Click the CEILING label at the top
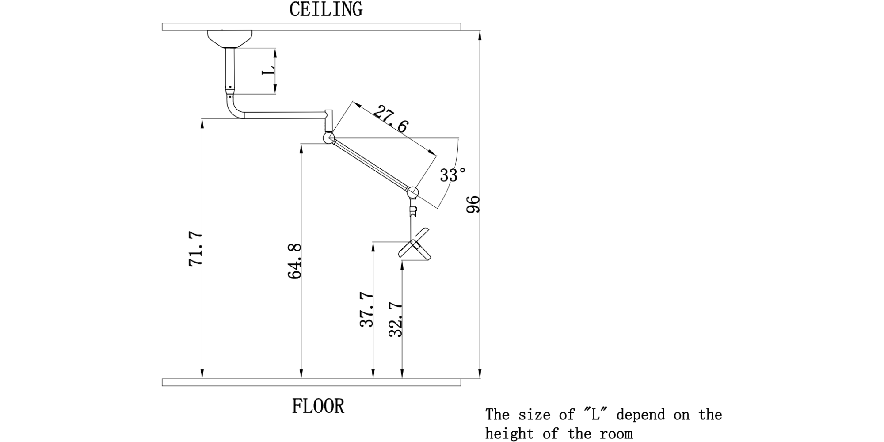tap(326, 9)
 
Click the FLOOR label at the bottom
tap(318, 406)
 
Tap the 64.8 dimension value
tap(294, 261)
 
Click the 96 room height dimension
tap(473, 204)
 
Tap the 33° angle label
tap(453, 175)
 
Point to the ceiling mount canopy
tap(230, 38)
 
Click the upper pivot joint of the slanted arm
tap(328, 138)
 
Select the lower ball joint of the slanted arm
tap(412, 192)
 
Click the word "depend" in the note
tap(640, 415)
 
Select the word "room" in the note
tap(616, 433)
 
